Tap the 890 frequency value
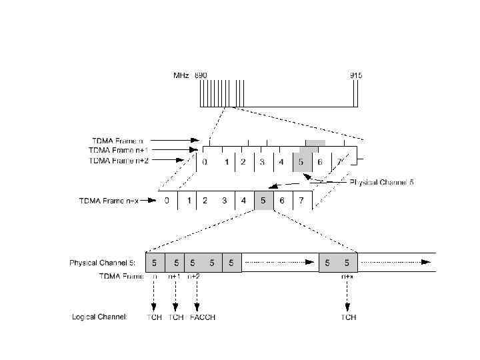click(x=201, y=76)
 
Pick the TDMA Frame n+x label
click(x=109, y=200)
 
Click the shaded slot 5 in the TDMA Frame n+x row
click(x=264, y=200)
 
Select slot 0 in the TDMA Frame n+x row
click(x=167, y=200)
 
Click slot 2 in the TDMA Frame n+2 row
click(x=244, y=162)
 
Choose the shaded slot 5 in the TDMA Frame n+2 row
click(x=301, y=162)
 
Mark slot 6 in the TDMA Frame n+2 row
click(x=321, y=162)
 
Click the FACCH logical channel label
click(x=203, y=317)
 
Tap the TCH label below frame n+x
click(x=349, y=317)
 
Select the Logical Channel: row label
click(x=99, y=317)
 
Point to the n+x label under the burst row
click(x=347, y=275)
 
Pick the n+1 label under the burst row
click(x=174, y=275)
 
